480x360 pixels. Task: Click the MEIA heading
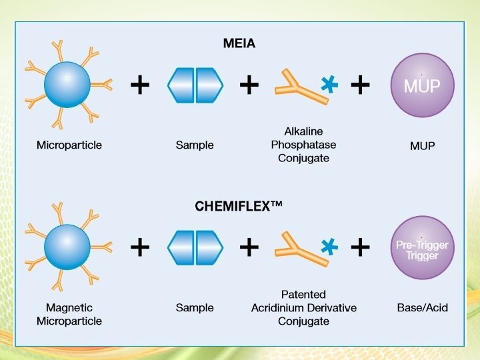coord(239,44)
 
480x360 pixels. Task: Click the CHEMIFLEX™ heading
coord(239,207)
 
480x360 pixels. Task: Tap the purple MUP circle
coord(421,85)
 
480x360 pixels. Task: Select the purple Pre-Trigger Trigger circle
coord(421,249)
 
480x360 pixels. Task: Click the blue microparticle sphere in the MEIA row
coord(67,85)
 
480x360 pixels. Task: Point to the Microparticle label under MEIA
coord(69,145)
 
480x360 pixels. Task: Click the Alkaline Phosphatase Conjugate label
coord(303,145)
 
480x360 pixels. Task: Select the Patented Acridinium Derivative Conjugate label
coord(303,307)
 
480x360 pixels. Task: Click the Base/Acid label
coord(421,307)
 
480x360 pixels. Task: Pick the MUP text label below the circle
coord(423,145)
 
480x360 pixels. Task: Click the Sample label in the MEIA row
coord(195,145)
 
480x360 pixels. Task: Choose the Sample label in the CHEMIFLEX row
coord(195,307)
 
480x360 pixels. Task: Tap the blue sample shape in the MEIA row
coord(195,85)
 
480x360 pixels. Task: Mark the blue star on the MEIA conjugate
coord(329,85)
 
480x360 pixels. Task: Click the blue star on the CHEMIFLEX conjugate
coord(329,247)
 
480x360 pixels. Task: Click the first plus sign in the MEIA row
coord(139,85)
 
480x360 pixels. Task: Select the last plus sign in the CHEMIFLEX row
coord(360,247)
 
